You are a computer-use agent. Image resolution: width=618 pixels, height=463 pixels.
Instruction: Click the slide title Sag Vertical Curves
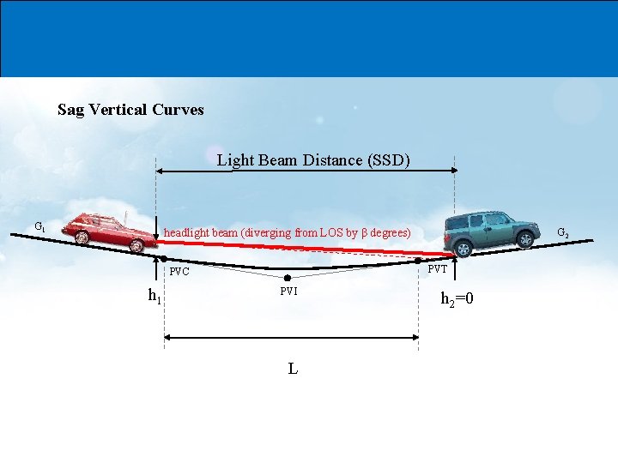tap(130, 110)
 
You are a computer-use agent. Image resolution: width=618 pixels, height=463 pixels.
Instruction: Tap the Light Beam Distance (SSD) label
tap(313, 160)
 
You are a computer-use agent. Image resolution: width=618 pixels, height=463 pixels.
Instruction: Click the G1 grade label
tap(39, 227)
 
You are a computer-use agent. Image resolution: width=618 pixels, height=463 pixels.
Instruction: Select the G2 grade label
tap(563, 232)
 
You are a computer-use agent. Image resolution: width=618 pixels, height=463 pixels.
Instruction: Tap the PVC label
tap(179, 272)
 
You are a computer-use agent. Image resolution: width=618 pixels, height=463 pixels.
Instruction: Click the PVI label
tap(288, 292)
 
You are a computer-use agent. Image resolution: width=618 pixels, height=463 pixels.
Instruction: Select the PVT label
tap(438, 269)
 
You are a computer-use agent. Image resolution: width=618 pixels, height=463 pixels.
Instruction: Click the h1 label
tap(154, 298)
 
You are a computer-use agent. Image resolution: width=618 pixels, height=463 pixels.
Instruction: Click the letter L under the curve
tap(293, 369)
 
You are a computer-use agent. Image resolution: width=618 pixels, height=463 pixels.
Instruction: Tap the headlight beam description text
tap(287, 232)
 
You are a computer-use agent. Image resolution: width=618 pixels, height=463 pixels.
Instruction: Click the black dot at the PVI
tap(287, 278)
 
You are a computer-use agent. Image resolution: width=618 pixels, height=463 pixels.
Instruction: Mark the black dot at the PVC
tap(163, 257)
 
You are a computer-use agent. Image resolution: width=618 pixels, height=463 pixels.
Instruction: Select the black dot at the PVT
tap(418, 260)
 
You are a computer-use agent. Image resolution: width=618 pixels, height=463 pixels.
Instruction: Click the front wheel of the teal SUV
tap(464, 250)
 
